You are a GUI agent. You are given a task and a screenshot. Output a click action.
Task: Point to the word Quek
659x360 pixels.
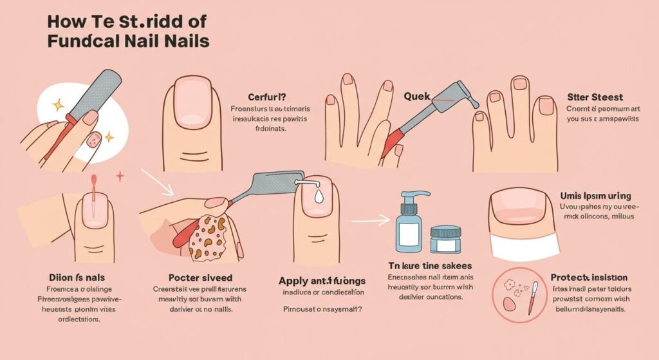pyautogui.click(x=416, y=96)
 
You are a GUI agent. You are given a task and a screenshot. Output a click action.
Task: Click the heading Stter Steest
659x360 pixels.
pyautogui.click(x=595, y=97)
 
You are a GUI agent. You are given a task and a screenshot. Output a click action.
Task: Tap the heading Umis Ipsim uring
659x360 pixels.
pyautogui.click(x=595, y=195)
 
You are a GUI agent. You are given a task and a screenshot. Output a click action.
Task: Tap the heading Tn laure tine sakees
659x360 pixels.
pyautogui.click(x=430, y=265)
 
